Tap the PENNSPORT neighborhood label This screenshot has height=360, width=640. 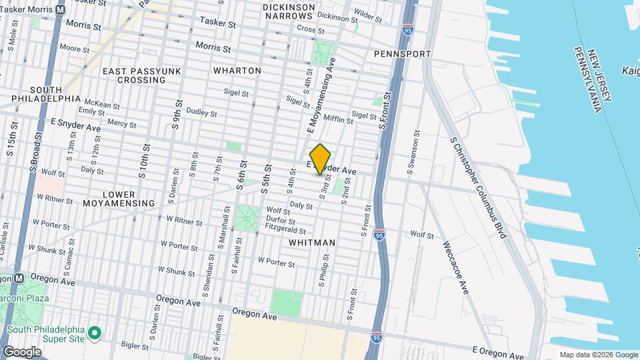pyautogui.click(x=402, y=53)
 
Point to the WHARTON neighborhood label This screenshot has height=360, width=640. pyautogui.click(x=237, y=70)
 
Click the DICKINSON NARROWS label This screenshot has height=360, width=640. pyautogui.click(x=289, y=11)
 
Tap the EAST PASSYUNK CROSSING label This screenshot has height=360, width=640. pyautogui.click(x=133, y=75)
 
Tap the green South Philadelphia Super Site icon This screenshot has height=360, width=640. pyautogui.click(x=95, y=331)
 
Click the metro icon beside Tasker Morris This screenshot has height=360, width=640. pyautogui.click(x=61, y=10)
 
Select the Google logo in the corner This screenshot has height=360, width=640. pyautogui.click(x=22, y=351)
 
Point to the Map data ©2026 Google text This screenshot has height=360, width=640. pyautogui.click(x=599, y=354)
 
